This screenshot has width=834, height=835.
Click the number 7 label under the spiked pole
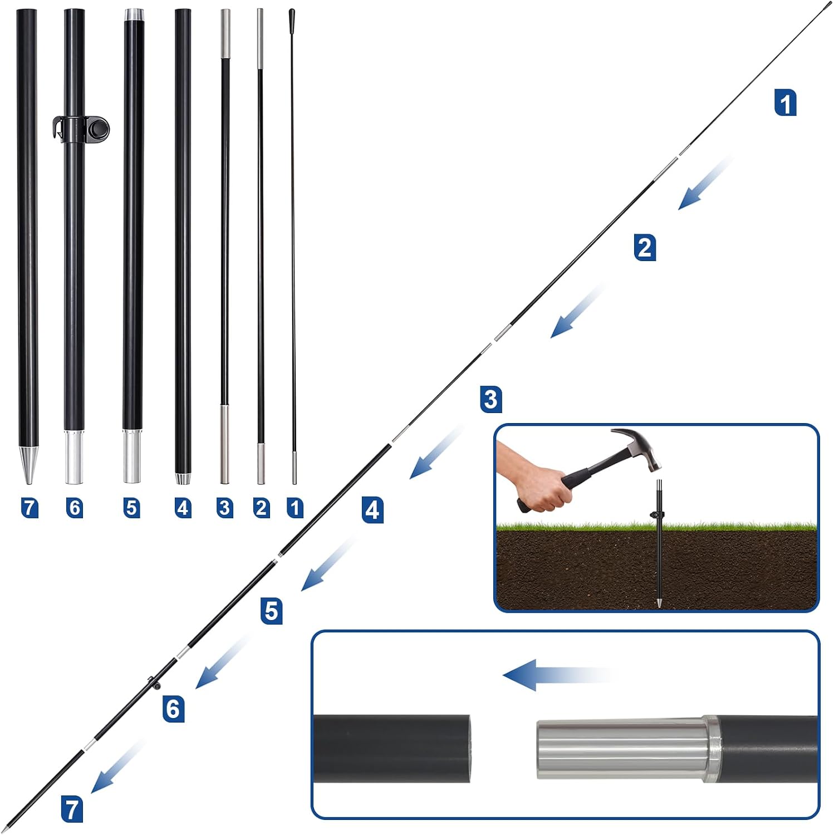point(30,508)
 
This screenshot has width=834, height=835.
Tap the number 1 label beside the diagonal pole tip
point(785,103)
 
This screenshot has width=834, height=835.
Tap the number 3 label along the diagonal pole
point(490,399)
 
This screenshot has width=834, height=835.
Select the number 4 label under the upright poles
point(183,508)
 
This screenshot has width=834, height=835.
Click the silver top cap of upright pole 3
point(225,33)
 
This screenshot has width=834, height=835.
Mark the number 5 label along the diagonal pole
point(271,611)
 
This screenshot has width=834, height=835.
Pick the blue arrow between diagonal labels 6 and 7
point(117,766)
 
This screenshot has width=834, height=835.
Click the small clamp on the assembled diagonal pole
point(154,682)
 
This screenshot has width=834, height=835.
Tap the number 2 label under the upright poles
point(261,508)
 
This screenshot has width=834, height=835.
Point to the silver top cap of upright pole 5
point(133,14)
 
